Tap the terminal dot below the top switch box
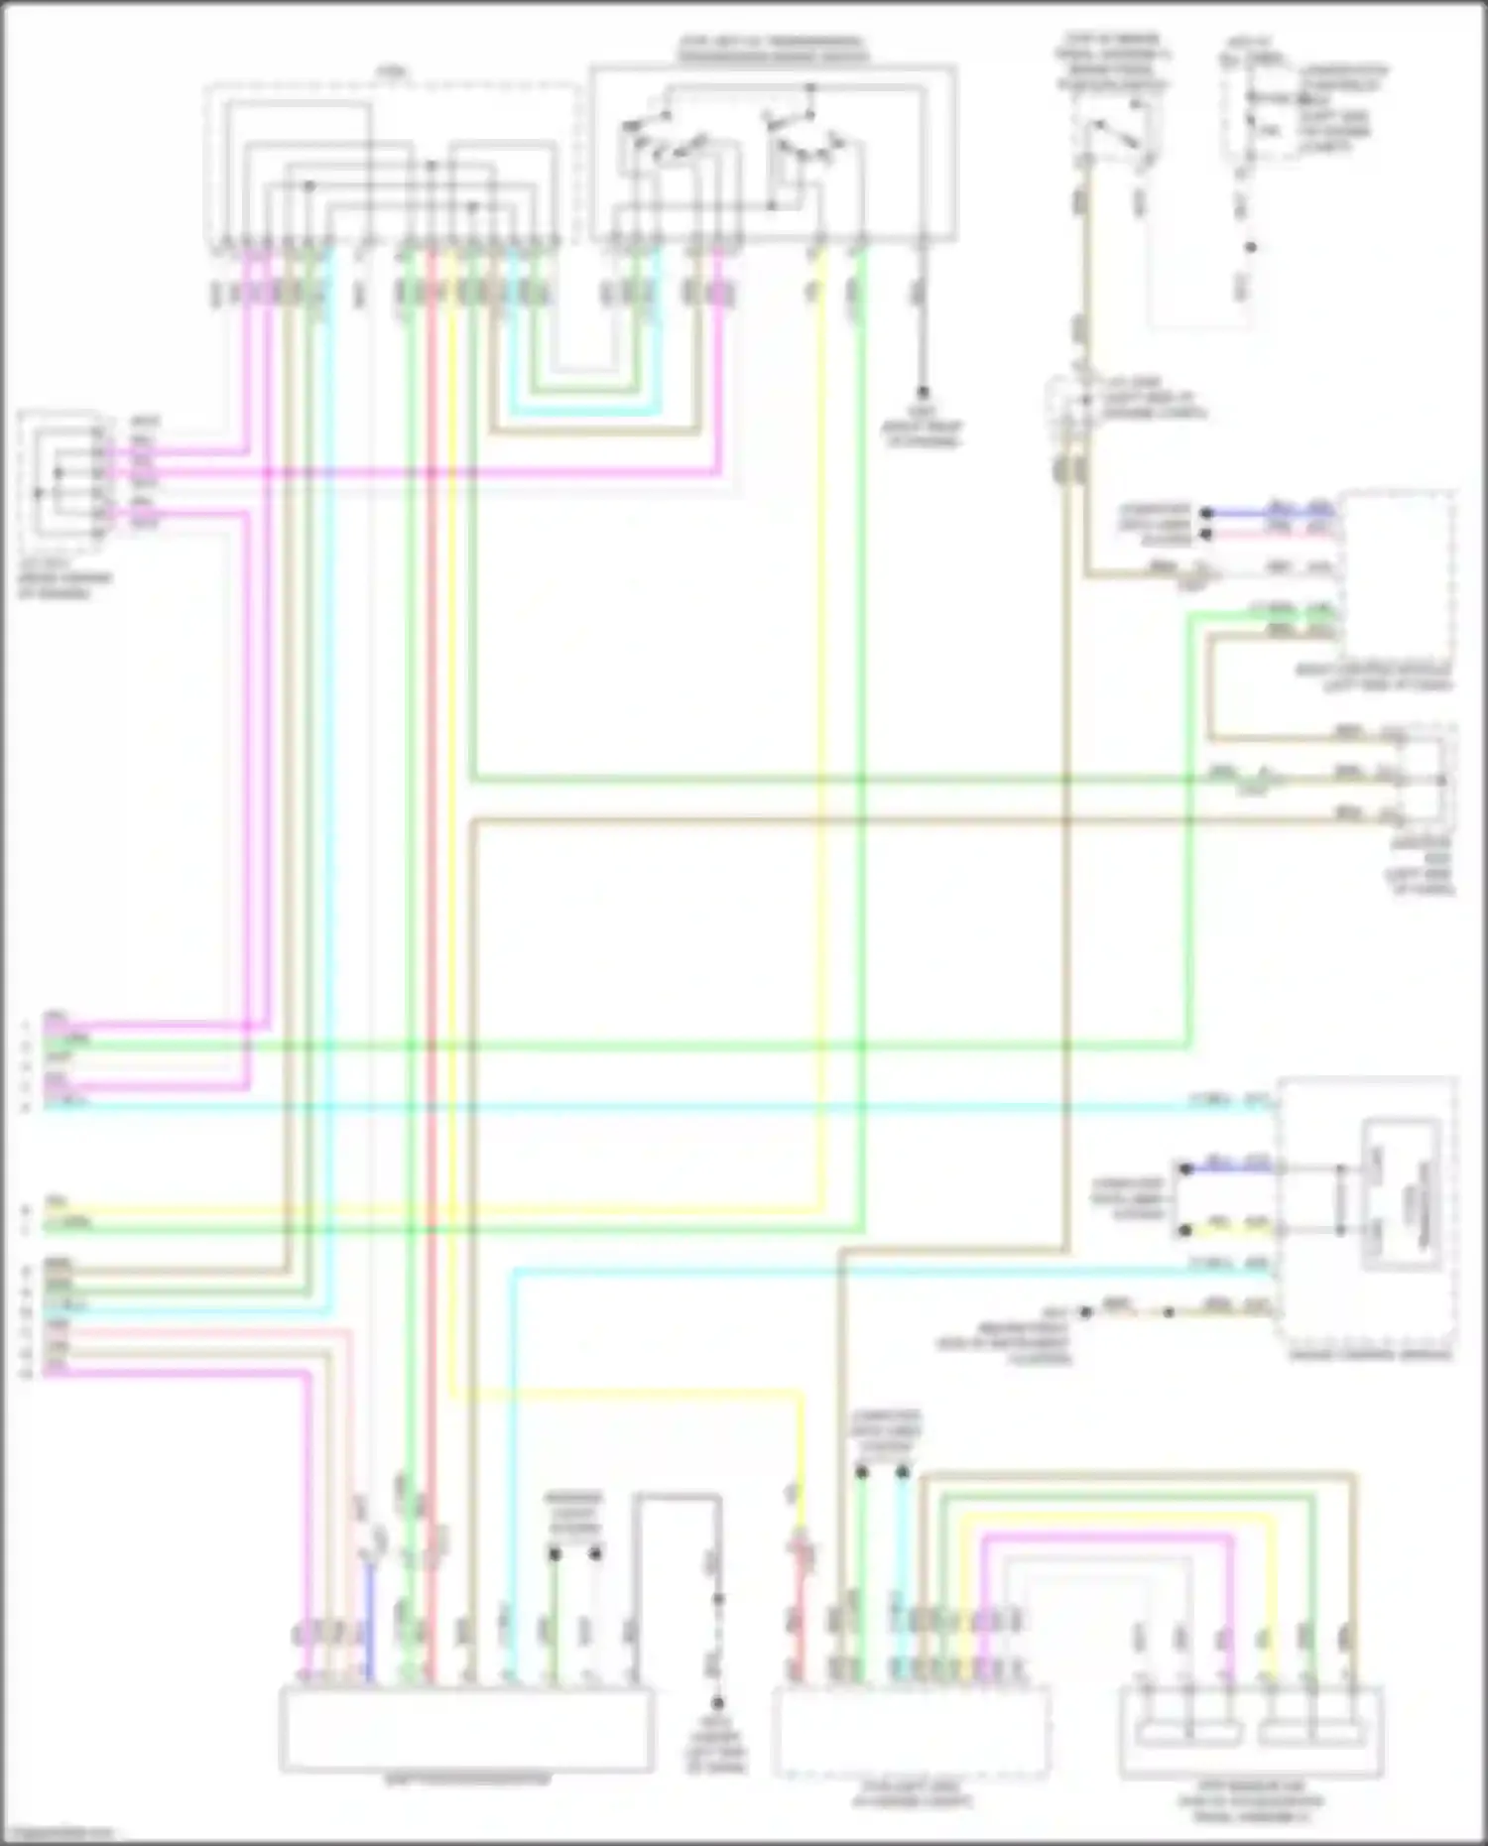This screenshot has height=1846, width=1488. pos(922,392)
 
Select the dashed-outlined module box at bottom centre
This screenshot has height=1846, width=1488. pos(911,1732)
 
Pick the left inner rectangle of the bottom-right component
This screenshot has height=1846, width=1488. pos(1188,1734)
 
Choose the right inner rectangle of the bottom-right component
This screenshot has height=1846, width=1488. pos(1311,1734)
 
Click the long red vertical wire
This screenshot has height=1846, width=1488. pos(432,893)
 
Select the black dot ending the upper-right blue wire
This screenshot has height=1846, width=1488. pos(1206,514)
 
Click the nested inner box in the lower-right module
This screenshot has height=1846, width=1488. pos(1401,1194)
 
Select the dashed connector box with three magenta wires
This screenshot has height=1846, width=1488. pos(62,476)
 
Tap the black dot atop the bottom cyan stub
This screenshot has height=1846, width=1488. pos(902,1473)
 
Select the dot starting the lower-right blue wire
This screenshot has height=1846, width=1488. pos(1184,1168)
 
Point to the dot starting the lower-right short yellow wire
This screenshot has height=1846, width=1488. pos(1184,1231)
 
